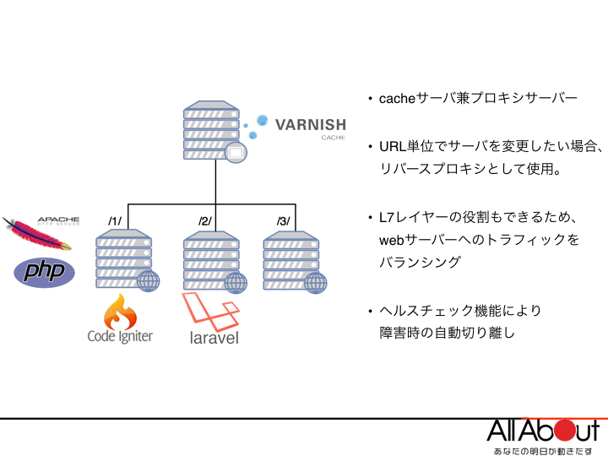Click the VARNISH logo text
pos(310,124)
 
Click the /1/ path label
pos(115,221)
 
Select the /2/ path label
pos(205,221)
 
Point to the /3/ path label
pos(284,221)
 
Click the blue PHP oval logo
pos(45,272)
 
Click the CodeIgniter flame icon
pos(120,312)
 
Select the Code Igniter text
pos(120,337)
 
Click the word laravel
pos(214,339)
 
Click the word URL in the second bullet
pos(392,146)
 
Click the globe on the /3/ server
pos(316,281)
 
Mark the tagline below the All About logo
pos(542,449)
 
